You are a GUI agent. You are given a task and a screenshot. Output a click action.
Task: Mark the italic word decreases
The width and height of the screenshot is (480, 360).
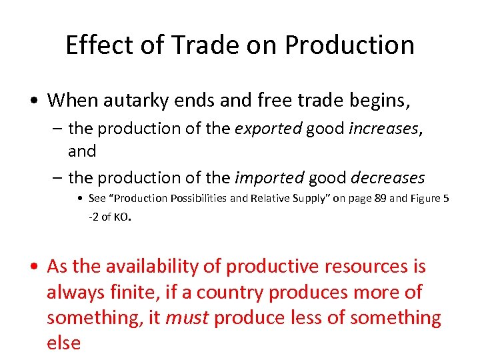pyautogui.click(x=387, y=178)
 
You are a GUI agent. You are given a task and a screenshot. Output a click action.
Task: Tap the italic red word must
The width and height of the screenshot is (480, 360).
pyautogui.click(x=186, y=318)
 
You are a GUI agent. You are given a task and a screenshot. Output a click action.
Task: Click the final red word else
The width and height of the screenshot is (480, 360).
pyautogui.click(x=63, y=343)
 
